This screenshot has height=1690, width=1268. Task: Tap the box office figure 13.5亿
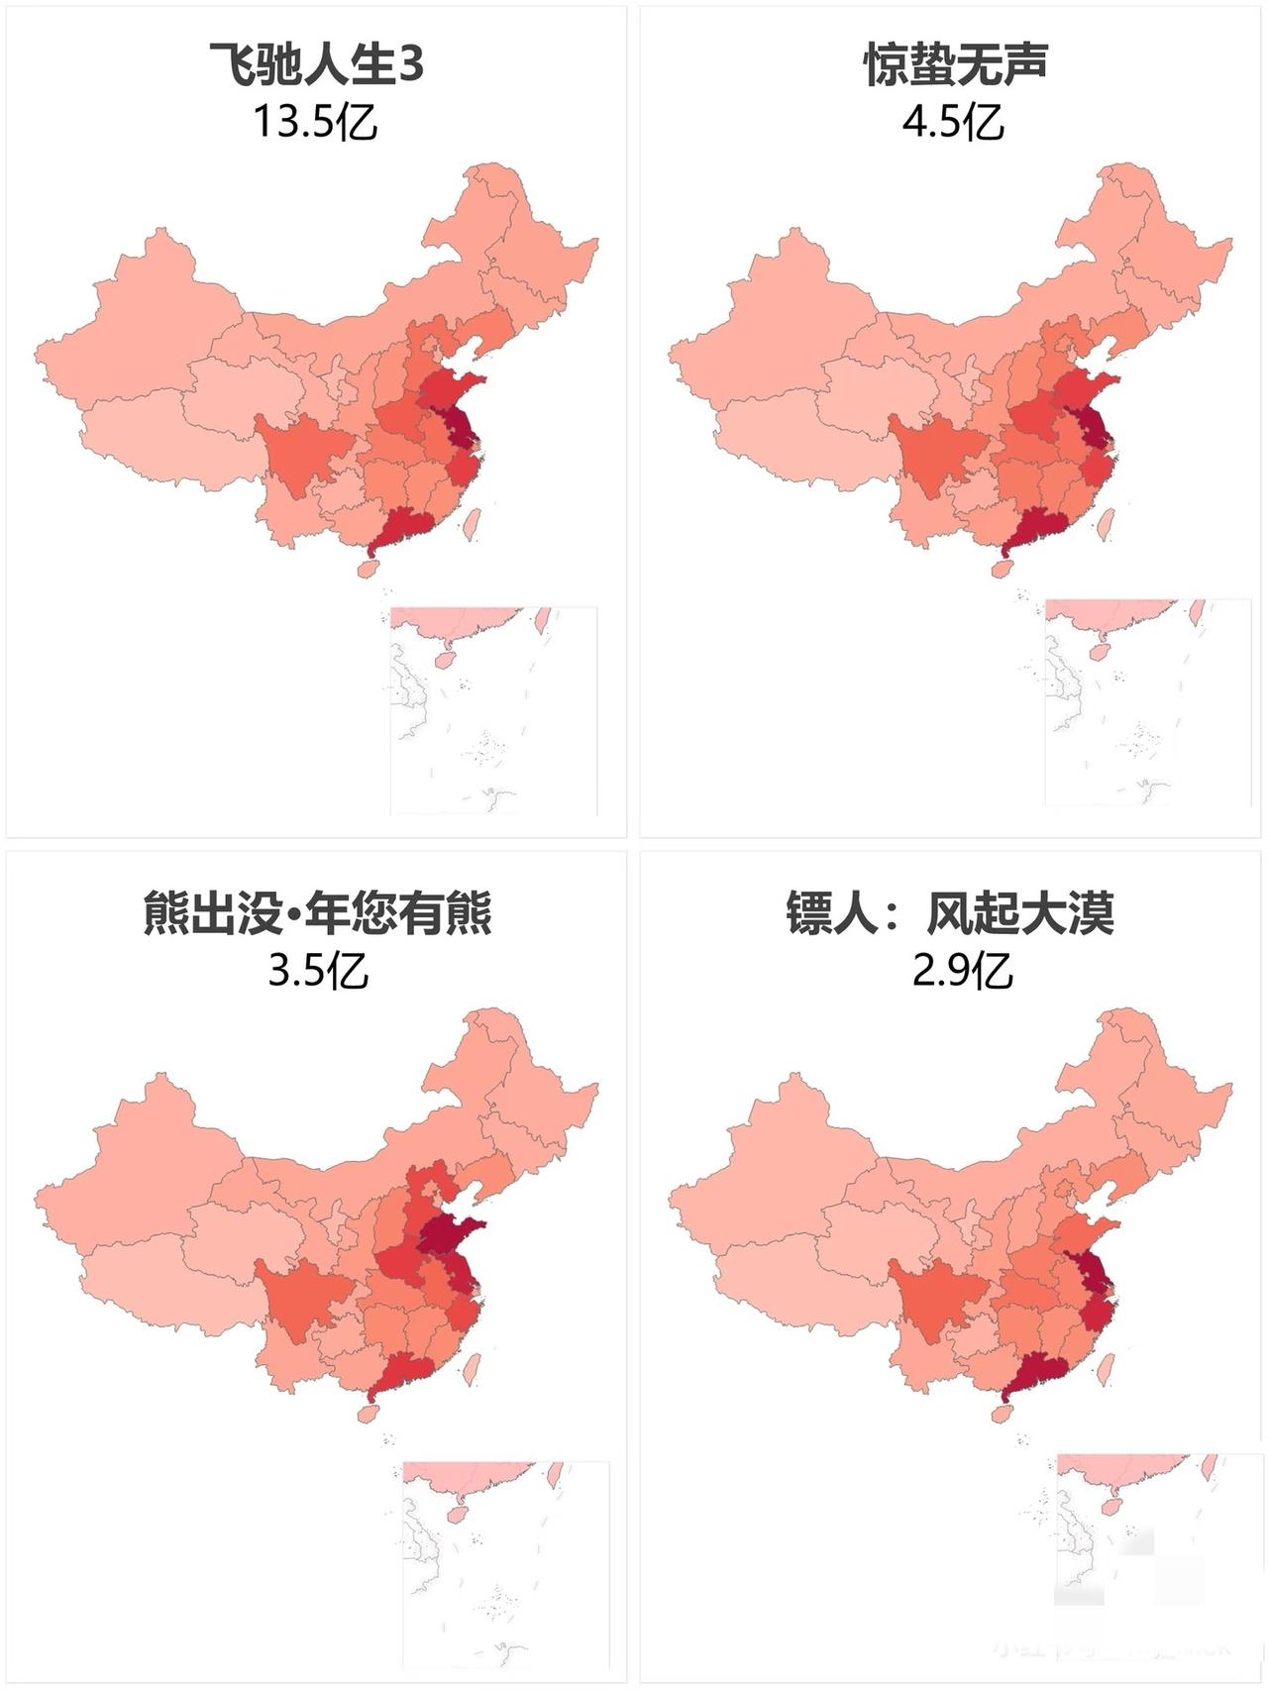click(x=315, y=123)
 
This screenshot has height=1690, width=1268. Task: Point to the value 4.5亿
click(x=953, y=123)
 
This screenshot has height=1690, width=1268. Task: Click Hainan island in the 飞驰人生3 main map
click(x=368, y=570)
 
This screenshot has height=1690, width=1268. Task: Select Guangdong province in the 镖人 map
click(x=1040, y=1374)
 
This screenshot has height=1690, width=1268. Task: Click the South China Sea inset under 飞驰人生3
click(x=493, y=710)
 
